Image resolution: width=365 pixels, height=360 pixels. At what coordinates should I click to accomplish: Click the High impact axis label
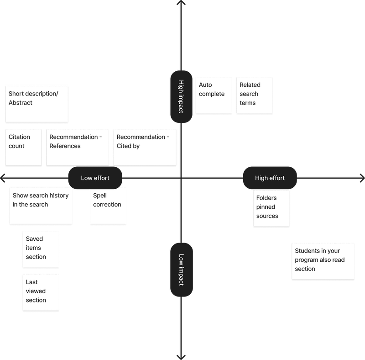point(181,96)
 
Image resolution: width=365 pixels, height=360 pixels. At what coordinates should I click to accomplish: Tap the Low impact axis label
point(182,270)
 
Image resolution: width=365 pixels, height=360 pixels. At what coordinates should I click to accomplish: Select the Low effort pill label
point(95,178)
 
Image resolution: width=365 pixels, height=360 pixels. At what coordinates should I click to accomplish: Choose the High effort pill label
point(270,178)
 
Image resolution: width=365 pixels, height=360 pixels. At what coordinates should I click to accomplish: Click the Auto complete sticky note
point(214,95)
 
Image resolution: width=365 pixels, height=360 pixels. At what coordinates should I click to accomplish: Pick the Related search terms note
point(255,95)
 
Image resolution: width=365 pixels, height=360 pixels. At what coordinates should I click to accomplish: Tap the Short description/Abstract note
point(37,104)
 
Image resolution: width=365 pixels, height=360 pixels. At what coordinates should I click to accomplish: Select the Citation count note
point(24,148)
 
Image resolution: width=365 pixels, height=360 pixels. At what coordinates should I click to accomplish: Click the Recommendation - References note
point(78,148)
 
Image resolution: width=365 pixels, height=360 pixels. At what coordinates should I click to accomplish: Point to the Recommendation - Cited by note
point(145,148)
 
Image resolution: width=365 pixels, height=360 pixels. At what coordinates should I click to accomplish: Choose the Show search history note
point(41,206)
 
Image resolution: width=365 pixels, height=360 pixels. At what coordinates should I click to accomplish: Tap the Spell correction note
point(108,206)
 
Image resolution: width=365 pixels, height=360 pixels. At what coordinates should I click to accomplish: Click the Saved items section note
point(41,249)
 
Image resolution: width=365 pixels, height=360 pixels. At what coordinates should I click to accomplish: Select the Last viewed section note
point(41,292)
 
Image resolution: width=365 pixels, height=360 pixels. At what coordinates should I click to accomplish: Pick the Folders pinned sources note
point(271,208)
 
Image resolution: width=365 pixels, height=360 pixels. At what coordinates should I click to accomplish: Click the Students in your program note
point(323,261)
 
